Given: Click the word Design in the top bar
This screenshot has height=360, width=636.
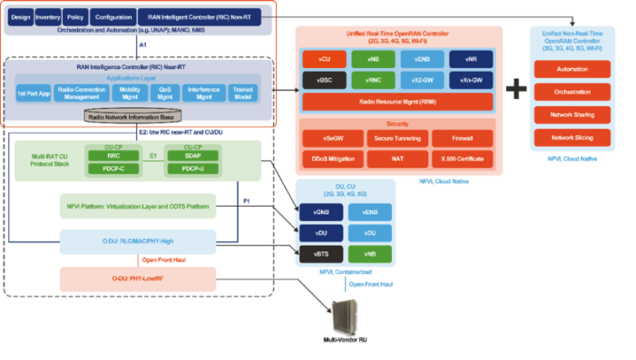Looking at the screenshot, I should (20, 17).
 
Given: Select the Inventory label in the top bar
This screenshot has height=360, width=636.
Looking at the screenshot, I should (48, 17).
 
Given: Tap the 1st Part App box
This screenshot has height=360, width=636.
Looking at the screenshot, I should (34, 92).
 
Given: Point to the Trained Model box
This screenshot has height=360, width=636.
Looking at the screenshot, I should (243, 92).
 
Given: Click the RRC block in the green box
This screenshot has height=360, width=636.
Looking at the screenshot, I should (114, 155).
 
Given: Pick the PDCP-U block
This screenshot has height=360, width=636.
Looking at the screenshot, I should (192, 168).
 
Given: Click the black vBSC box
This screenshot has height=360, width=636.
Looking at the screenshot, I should (324, 80).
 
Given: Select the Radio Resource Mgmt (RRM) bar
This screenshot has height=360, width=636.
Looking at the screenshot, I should (397, 102).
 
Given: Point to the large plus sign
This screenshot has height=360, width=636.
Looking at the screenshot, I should (516, 88).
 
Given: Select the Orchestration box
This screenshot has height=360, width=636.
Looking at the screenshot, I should (572, 92).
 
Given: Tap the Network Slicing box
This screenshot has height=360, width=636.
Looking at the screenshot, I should (572, 137).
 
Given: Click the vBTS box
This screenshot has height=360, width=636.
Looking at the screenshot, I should (321, 253).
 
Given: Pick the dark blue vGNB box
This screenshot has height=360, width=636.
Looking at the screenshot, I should (321, 212).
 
